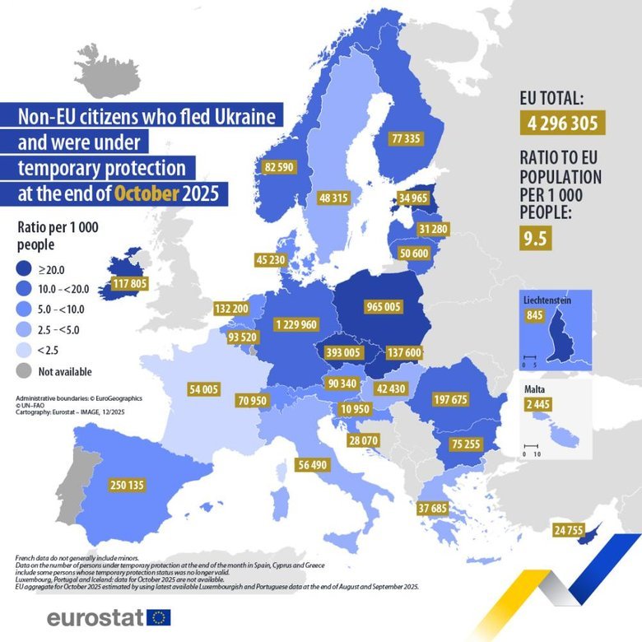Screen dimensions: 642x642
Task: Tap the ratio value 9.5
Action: coord(535,239)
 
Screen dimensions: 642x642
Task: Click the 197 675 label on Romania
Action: coord(449,399)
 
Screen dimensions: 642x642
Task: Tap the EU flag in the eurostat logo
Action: coord(158,617)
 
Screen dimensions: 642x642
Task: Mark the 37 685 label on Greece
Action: coord(435,507)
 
